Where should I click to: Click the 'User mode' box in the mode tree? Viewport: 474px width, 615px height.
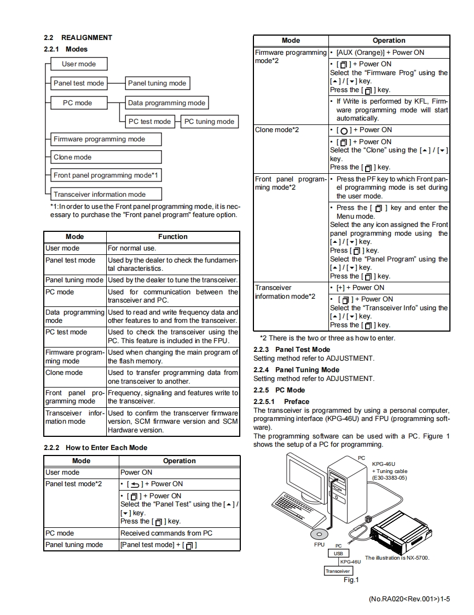click(79, 64)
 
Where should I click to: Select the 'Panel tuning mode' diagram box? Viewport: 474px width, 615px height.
click(157, 83)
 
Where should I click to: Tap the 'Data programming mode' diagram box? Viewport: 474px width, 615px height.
click(166, 102)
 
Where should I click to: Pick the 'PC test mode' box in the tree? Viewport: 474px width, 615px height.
click(150, 122)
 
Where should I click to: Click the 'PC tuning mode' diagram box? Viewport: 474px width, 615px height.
click(209, 122)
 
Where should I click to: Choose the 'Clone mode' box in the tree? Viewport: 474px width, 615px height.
click(106, 157)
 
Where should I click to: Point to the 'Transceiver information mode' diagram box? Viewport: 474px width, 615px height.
click(106, 194)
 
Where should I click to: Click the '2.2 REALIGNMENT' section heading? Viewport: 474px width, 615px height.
click(78, 38)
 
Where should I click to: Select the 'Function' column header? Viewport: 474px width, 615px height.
click(172, 237)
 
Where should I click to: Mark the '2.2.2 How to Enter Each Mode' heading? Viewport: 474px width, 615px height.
click(95, 448)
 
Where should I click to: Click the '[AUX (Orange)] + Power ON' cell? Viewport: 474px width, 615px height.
click(380, 53)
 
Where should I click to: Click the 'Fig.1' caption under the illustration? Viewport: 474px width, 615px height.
click(350, 580)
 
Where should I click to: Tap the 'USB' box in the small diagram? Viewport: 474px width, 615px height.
click(338, 554)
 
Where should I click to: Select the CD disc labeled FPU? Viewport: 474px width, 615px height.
click(319, 534)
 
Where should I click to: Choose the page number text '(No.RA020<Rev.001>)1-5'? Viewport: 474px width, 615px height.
click(409, 599)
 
